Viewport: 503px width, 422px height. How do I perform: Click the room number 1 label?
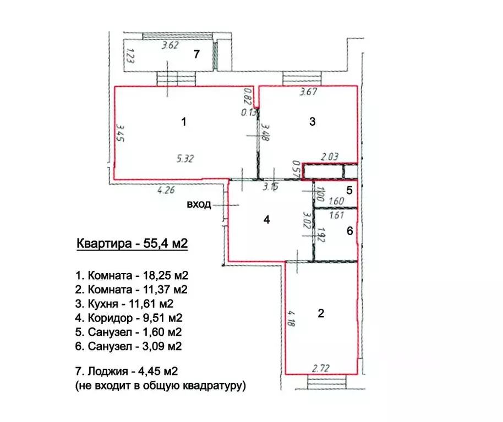tap(183, 121)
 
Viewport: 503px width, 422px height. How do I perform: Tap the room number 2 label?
tap(321, 313)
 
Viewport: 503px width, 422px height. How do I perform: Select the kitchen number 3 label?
tap(313, 121)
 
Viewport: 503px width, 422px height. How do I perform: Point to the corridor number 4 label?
tap(266, 220)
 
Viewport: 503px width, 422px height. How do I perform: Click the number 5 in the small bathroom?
tap(349, 190)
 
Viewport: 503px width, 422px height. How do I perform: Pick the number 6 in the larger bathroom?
tap(349, 231)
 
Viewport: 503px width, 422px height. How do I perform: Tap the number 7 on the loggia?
tap(196, 54)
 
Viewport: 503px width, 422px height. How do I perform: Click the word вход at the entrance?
tap(199, 204)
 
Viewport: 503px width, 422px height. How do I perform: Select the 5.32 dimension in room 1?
tap(185, 158)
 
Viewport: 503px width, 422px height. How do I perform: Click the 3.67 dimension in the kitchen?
tap(308, 92)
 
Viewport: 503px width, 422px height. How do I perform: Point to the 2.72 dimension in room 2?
tap(320, 368)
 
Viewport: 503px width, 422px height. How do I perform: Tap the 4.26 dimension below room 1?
tap(166, 190)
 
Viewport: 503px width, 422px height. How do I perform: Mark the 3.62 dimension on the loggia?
tap(170, 45)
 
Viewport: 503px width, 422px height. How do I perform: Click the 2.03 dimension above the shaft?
tap(330, 157)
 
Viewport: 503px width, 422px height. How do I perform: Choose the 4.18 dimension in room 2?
tap(291, 318)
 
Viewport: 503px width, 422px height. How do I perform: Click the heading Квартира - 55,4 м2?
tap(132, 243)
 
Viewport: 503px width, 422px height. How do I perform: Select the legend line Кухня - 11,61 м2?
tap(124, 303)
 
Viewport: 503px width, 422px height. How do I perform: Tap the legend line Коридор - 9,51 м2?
tap(129, 318)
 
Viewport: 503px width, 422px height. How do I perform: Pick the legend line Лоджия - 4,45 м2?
tap(127, 371)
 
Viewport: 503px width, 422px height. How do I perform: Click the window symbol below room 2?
tap(326, 382)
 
